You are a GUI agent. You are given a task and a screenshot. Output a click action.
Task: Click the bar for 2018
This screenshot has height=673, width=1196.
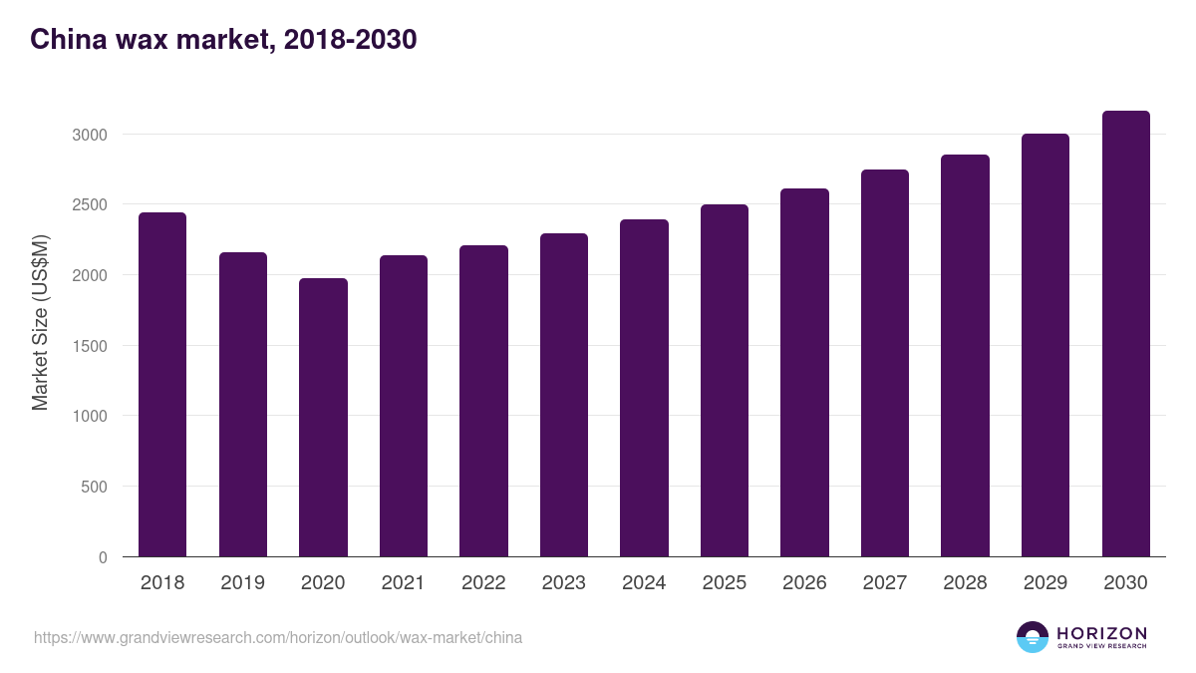tap(162, 385)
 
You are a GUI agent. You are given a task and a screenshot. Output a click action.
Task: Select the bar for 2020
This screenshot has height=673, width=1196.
tap(323, 418)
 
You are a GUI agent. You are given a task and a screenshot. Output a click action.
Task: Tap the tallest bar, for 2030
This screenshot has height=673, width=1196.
tap(1125, 334)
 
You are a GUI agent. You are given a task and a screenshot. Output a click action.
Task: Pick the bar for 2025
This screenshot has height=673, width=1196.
tap(724, 381)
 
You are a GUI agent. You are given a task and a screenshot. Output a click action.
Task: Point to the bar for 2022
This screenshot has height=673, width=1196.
tap(483, 401)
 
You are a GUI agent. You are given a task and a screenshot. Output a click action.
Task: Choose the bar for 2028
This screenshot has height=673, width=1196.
tap(965, 356)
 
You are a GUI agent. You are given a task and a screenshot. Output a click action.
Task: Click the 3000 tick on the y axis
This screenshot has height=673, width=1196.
tap(89, 135)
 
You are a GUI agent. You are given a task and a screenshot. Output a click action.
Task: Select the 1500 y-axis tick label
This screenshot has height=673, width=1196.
tap(89, 346)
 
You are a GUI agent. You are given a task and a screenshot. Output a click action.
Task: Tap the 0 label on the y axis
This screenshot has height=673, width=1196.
tap(103, 558)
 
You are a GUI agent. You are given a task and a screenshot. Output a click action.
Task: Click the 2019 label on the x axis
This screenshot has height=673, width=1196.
tap(242, 583)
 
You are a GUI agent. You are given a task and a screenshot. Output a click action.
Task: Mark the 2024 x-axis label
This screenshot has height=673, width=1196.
tap(644, 583)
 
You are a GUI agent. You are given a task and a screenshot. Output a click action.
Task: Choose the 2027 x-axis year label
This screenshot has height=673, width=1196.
tap(884, 583)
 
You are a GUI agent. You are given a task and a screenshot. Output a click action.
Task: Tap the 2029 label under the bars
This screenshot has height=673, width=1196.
tap(1045, 583)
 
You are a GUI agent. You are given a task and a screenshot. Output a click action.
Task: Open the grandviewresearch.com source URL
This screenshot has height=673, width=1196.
tap(278, 637)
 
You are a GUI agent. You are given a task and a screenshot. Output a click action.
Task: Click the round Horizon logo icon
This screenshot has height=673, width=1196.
tap(1033, 637)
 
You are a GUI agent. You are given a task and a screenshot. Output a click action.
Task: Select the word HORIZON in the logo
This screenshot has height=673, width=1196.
tap(1101, 632)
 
